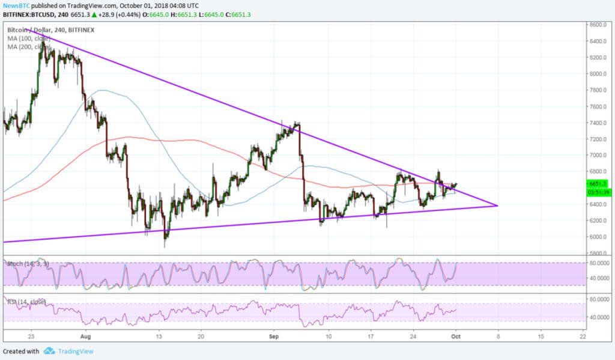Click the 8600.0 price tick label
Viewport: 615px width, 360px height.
(598, 25)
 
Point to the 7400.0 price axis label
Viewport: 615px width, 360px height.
(598, 123)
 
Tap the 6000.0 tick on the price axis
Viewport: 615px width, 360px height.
(598, 237)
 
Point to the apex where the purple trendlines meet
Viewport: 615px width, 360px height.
(498, 206)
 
